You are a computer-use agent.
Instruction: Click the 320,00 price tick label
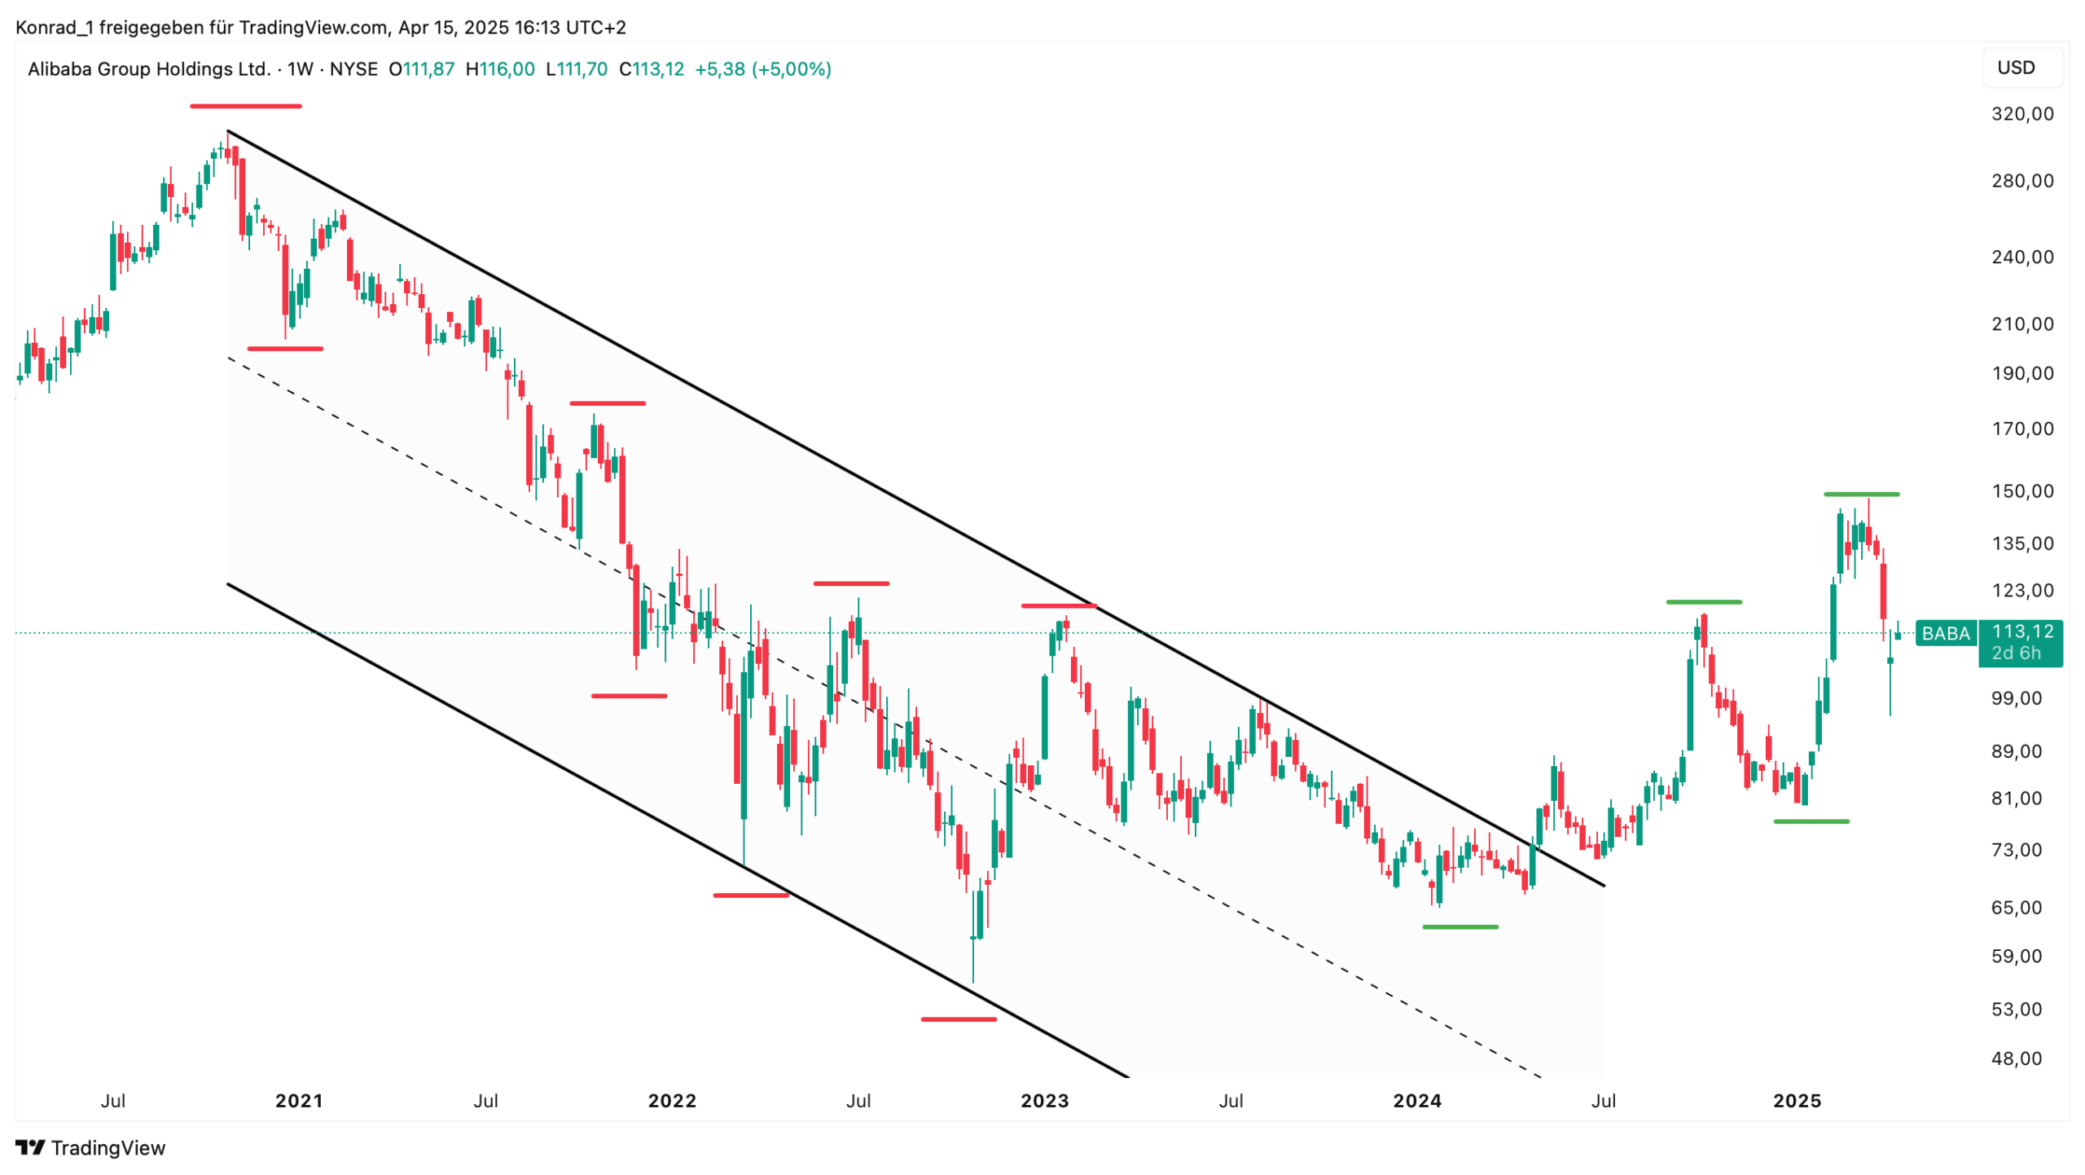point(2021,114)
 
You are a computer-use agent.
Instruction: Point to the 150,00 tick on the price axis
point(2021,491)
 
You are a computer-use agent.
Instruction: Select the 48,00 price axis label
point(2016,1058)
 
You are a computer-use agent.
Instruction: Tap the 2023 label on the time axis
point(1044,1101)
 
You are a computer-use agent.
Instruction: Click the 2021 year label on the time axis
point(299,1101)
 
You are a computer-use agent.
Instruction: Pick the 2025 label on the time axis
point(1797,1101)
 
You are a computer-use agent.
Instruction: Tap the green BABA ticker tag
point(1945,633)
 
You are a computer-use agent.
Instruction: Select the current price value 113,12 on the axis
point(2022,632)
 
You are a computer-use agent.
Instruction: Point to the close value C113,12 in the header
point(651,69)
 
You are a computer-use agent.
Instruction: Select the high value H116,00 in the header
point(499,69)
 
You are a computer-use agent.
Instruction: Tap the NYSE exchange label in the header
point(353,69)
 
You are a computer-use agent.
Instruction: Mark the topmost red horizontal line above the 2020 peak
point(245,106)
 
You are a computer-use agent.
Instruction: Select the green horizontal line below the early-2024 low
point(1459,927)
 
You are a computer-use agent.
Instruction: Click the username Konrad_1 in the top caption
point(54,28)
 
